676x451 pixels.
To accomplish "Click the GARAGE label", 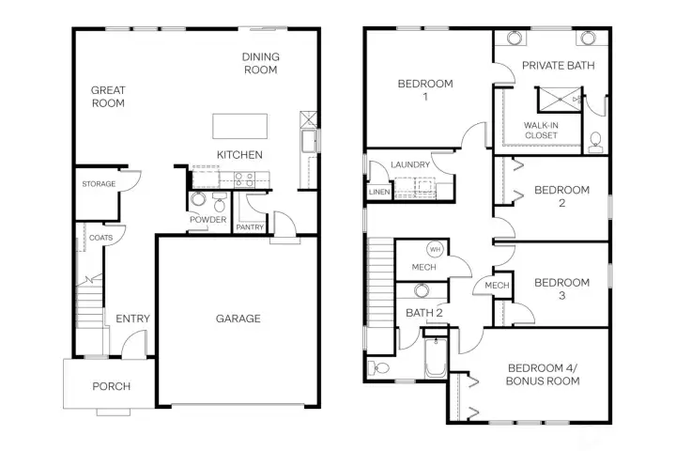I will tap(238, 319).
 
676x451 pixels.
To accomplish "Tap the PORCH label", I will tap(111, 386).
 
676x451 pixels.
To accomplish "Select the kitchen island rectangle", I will tap(239, 125).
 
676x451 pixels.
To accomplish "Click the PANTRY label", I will tap(250, 226).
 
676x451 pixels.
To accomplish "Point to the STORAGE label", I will tap(99, 184).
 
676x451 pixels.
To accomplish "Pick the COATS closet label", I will tap(100, 238).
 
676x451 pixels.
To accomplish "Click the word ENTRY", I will tap(132, 319).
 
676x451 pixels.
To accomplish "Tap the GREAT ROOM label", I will tap(108, 97).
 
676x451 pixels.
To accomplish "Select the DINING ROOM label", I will tap(260, 63).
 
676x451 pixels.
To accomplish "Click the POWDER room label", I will tap(207, 220).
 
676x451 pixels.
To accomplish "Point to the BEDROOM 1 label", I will tap(424, 90).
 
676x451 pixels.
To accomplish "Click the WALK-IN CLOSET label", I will tap(541, 130).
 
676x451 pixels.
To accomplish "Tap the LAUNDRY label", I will tap(410, 165).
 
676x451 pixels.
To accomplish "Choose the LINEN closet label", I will tap(378, 193).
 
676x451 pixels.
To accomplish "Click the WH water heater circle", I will tap(435, 250).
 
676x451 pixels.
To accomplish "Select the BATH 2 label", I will tap(423, 313).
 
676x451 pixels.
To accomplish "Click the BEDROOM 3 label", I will tap(561, 288).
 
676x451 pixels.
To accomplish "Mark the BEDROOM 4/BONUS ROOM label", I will tap(543, 374).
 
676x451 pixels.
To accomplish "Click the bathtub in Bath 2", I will tap(435, 360).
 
